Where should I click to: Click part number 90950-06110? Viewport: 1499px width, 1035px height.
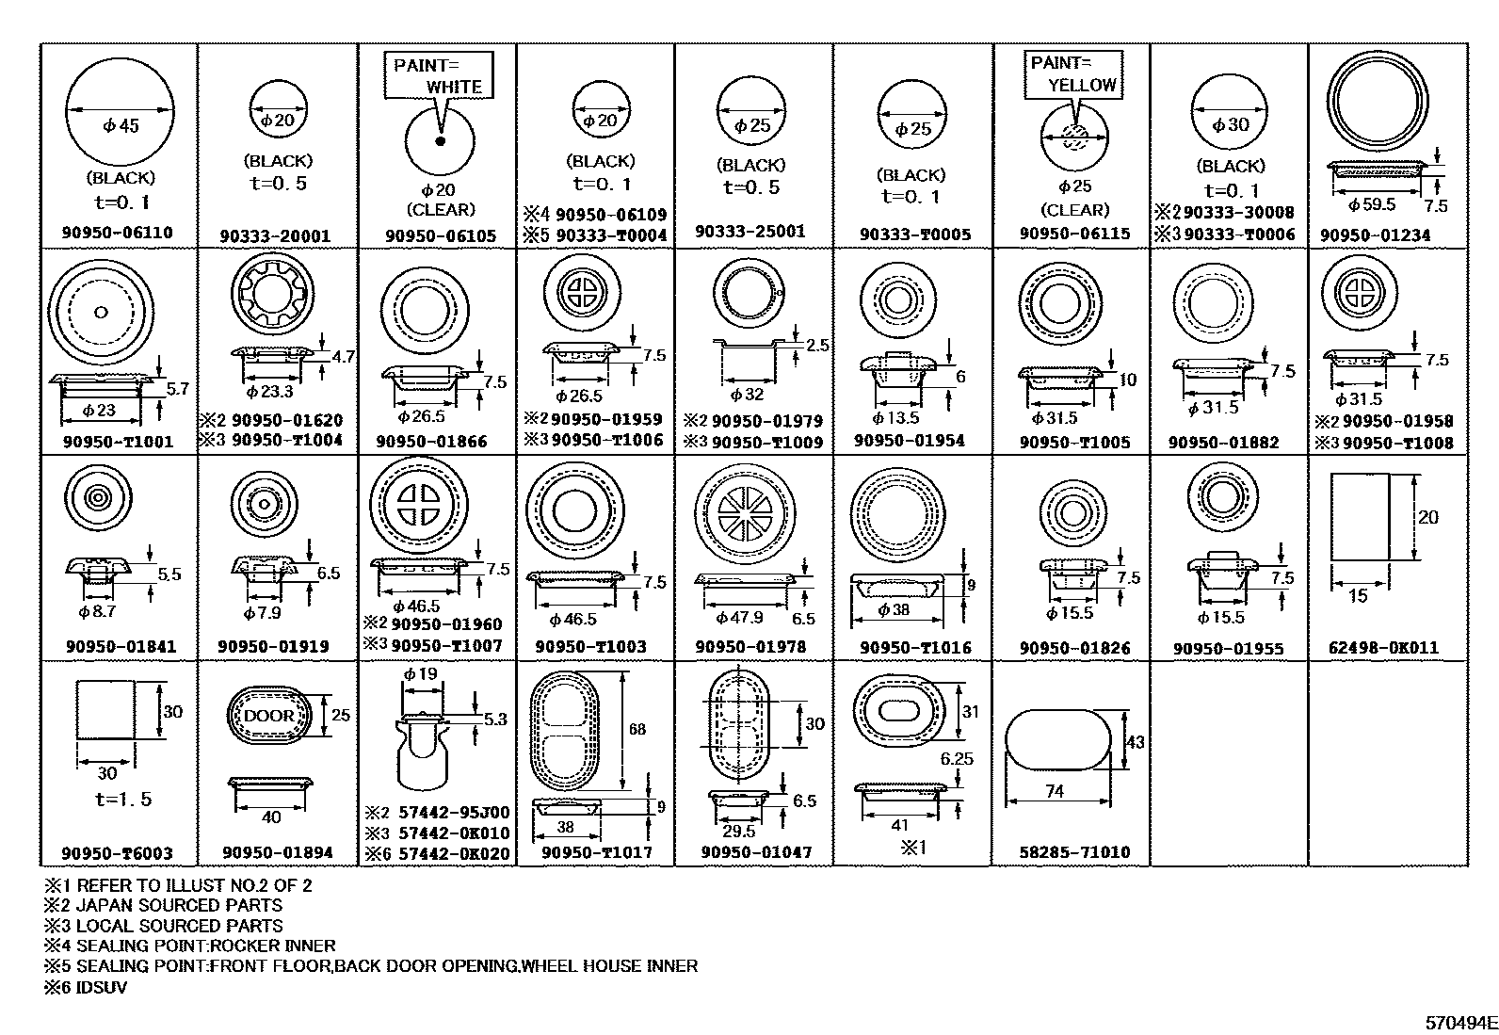119,233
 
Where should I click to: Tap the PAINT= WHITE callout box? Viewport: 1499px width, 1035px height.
438,75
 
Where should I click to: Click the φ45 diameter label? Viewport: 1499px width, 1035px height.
121,125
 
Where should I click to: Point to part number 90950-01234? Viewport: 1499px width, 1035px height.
1375,235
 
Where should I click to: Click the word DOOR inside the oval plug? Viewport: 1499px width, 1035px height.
269,716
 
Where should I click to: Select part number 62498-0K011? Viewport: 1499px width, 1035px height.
1383,648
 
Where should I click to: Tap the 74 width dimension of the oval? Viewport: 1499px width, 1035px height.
1054,792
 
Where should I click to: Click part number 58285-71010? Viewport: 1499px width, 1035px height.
1074,852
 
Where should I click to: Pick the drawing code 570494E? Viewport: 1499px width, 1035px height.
1459,1022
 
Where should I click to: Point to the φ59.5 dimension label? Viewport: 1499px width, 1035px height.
1371,204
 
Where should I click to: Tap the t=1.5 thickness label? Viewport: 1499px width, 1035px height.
122,800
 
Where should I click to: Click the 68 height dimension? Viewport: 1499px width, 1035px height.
637,729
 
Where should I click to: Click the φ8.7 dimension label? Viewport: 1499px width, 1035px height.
97,612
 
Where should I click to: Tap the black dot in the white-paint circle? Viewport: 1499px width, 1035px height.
439,141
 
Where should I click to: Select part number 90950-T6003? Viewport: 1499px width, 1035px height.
117,853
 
